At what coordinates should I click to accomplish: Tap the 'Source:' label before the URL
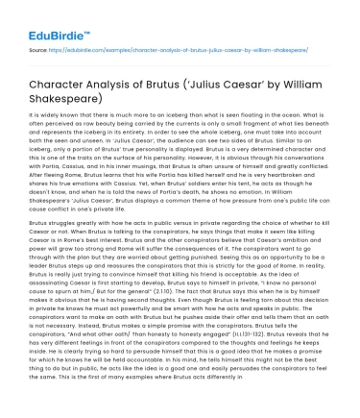[x=39, y=47]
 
